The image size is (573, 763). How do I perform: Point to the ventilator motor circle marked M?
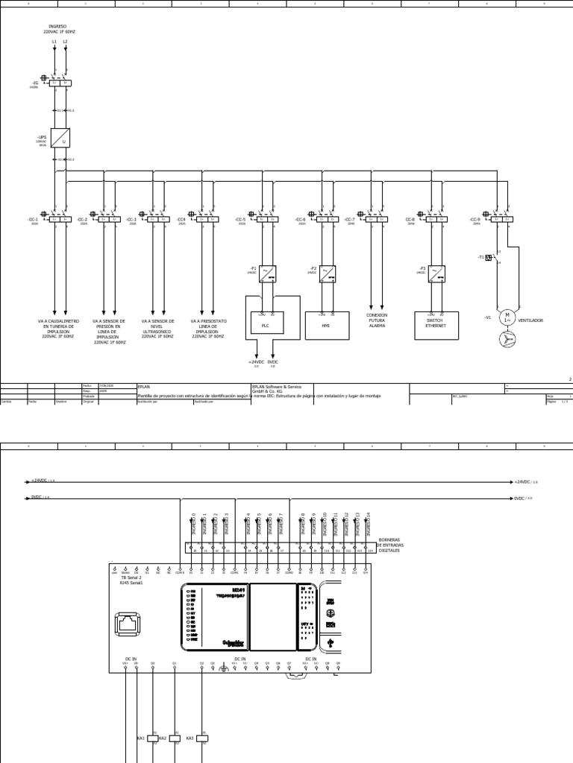(507, 317)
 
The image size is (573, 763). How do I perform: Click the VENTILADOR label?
(530, 320)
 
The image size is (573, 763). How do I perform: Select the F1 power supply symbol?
(266, 273)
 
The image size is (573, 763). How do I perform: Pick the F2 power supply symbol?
(327, 273)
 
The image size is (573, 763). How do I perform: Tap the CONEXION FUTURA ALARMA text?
(377, 320)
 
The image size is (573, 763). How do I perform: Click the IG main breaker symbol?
(60, 82)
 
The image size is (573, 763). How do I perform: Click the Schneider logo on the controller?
(233, 642)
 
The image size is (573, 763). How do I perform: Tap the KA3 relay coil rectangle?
(201, 738)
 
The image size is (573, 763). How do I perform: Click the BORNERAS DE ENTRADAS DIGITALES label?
(389, 545)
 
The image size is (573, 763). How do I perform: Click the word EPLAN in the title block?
(143, 387)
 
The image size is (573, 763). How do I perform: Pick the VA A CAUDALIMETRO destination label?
(57, 328)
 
